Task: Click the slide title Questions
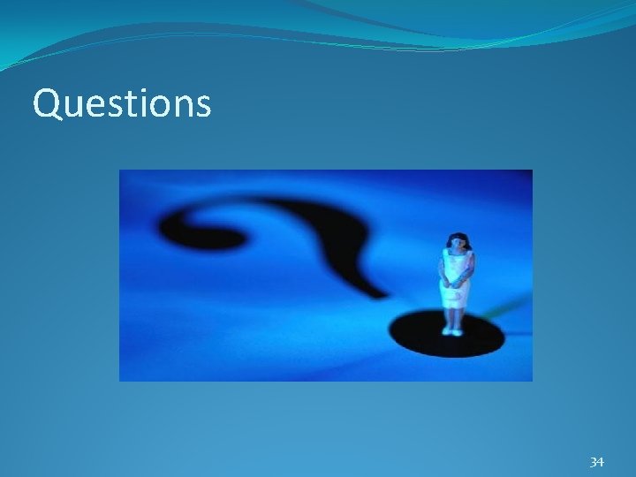[x=122, y=103]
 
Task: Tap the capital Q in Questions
[x=46, y=103]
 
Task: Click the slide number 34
[x=596, y=462]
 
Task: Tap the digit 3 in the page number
[x=593, y=462]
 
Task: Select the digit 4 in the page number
[x=601, y=462]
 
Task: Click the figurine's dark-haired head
[x=457, y=240]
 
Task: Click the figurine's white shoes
[x=454, y=331]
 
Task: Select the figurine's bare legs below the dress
[x=454, y=318]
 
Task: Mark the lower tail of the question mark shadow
[x=371, y=283]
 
